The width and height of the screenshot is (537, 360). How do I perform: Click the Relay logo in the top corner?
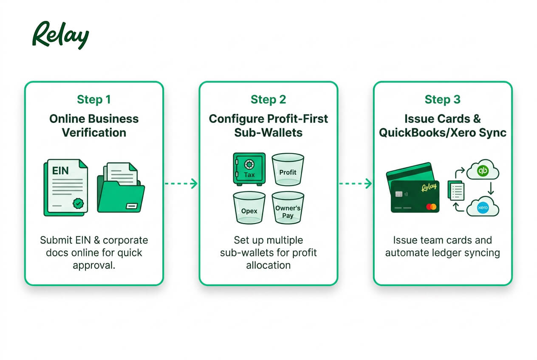61,35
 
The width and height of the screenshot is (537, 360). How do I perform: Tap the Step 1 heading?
94,99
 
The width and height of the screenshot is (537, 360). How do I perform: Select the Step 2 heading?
268,99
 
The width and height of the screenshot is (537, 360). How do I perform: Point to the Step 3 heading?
443,99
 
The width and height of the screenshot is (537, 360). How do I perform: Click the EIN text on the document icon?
60,171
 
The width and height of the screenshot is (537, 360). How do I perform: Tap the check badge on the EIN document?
78,204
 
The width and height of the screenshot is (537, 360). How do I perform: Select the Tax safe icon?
249,169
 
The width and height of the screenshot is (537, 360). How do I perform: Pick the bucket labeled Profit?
288,169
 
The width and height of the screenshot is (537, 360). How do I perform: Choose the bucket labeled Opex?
249,208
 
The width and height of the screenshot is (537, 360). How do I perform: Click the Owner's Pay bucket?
288,208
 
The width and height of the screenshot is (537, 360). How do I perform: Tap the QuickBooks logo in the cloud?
483,171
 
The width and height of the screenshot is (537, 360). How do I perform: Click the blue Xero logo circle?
483,208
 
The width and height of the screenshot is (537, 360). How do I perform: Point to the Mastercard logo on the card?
431,206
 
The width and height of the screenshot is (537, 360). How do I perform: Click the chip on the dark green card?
399,194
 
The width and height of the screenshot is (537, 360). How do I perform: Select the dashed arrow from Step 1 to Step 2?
181,184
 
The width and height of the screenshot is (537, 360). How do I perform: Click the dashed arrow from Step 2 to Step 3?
356,184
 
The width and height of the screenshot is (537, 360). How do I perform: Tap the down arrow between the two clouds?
491,188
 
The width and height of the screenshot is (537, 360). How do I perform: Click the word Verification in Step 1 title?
94,132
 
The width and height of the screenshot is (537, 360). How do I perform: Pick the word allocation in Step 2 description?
268,265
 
